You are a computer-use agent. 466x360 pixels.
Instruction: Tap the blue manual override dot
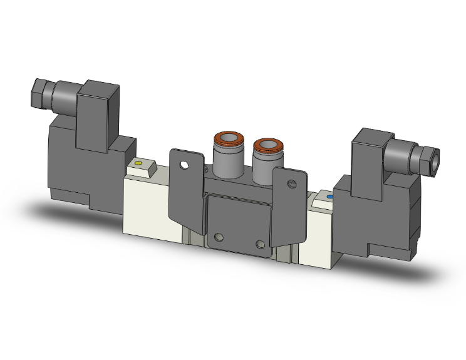(x=329, y=196)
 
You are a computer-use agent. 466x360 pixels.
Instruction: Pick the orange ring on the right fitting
(x=265, y=147)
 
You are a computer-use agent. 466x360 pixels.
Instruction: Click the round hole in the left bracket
(x=184, y=166)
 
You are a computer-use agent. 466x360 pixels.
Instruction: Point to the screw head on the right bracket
(x=290, y=184)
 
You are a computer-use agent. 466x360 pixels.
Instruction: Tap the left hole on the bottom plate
(x=219, y=237)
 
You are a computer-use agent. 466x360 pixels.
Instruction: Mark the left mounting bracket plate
(x=187, y=188)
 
